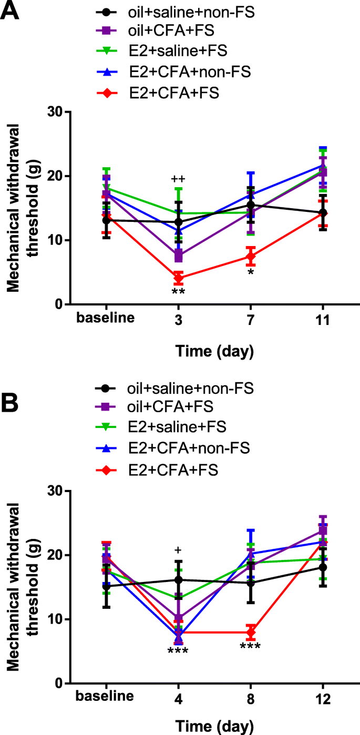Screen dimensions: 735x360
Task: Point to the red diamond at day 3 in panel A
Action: (179, 278)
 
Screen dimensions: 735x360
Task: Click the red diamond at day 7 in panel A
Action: (251, 257)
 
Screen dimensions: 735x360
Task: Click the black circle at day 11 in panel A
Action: (323, 213)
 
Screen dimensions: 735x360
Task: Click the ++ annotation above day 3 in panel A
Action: (179, 179)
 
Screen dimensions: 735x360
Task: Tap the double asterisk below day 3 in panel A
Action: (179, 292)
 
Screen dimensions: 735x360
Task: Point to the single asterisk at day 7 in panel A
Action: (251, 273)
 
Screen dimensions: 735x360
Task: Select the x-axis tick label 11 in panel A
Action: (323, 320)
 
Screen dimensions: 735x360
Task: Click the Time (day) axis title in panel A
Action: (214, 349)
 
